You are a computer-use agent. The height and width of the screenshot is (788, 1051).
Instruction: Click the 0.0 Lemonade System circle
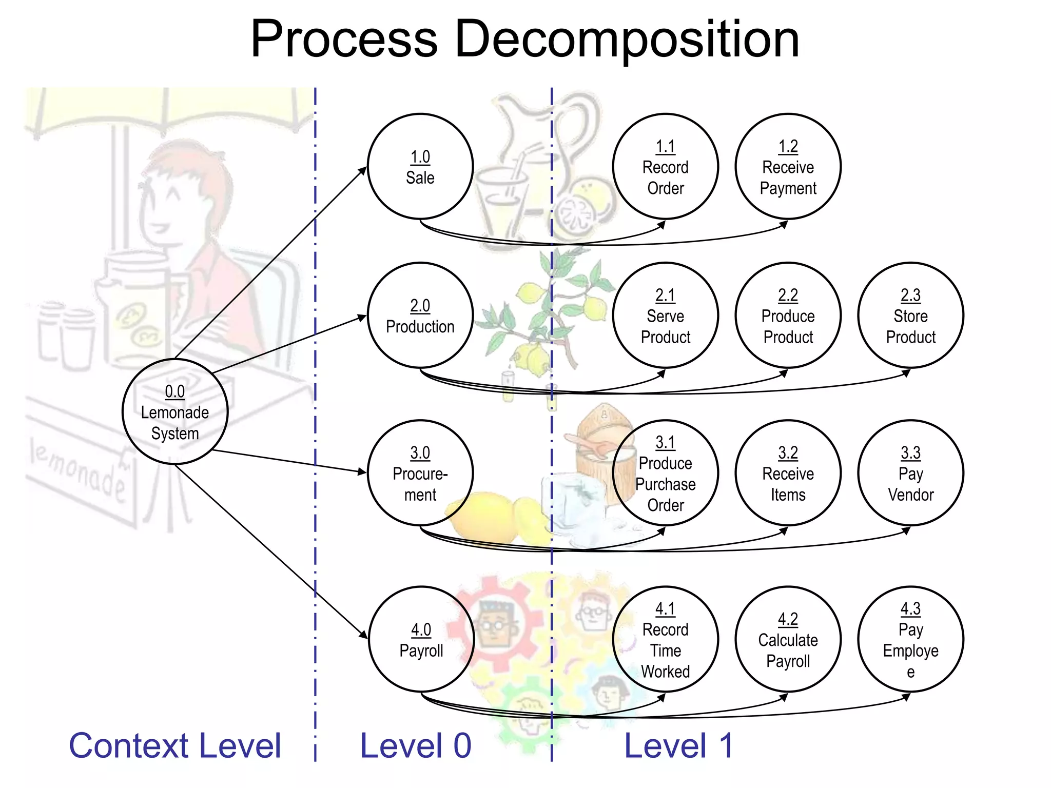click(175, 412)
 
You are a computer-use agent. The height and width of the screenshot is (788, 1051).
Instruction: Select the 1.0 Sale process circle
click(420, 167)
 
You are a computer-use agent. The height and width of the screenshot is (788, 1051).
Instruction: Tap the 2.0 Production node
click(420, 316)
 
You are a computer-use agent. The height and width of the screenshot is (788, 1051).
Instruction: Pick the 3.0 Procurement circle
click(420, 473)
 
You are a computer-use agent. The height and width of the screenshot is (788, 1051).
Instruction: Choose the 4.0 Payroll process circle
click(421, 639)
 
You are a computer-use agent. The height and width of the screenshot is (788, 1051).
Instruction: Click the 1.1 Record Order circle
click(666, 167)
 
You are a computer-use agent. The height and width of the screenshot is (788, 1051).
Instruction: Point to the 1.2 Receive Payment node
click(788, 167)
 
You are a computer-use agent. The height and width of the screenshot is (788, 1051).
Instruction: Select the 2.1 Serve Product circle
click(666, 316)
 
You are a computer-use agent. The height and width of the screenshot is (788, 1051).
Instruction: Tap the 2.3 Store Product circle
click(911, 316)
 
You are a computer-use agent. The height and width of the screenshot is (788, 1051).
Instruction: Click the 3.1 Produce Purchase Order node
click(666, 473)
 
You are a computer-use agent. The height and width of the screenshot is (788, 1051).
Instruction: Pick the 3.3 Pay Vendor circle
click(911, 473)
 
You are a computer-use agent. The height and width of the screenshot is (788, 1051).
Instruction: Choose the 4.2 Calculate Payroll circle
click(788, 639)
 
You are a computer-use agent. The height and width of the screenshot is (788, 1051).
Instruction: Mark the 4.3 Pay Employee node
click(911, 639)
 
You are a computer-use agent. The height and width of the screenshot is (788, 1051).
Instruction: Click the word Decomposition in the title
click(627, 40)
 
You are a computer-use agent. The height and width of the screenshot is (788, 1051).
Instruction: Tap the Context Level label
click(175, 745)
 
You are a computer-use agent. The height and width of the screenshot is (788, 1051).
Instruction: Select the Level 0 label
click(416, 745)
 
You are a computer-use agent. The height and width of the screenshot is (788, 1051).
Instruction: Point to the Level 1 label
click(678, 745)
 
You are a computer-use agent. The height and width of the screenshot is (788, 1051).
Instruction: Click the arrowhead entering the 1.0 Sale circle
click(364, 170)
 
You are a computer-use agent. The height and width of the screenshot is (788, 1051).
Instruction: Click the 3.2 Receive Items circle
click(788, 473)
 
